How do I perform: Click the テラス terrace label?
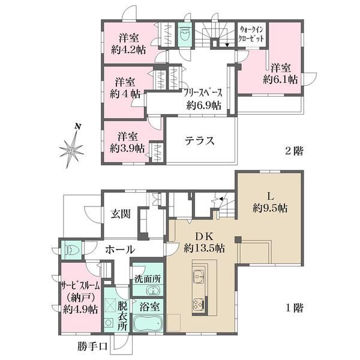200,140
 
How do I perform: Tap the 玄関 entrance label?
121,214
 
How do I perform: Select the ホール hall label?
120,250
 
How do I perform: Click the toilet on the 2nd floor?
185,34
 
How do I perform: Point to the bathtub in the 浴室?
148,324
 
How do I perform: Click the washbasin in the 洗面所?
152,290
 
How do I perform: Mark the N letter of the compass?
78,127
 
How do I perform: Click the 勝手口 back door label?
92,346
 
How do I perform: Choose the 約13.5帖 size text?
204,248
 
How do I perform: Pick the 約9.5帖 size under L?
270,208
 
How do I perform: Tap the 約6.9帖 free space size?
204,106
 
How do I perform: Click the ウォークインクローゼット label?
251,34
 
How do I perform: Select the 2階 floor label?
294,151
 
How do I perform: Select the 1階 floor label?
294,308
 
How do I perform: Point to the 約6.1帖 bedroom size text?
280,79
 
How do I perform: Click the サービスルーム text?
80,286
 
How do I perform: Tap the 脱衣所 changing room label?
122,316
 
